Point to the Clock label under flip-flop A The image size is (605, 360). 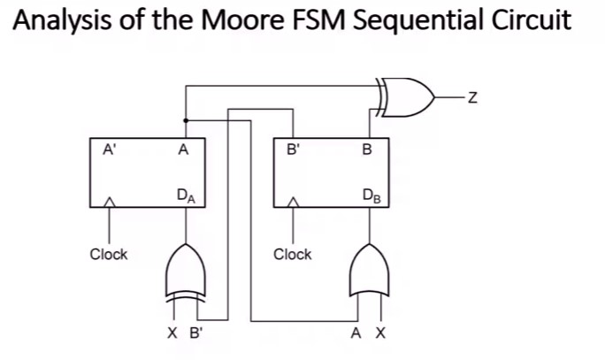click(x=108, y=255)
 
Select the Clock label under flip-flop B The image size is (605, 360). click(x=292, y=255)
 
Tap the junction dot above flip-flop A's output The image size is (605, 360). click(x=184, y=121)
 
